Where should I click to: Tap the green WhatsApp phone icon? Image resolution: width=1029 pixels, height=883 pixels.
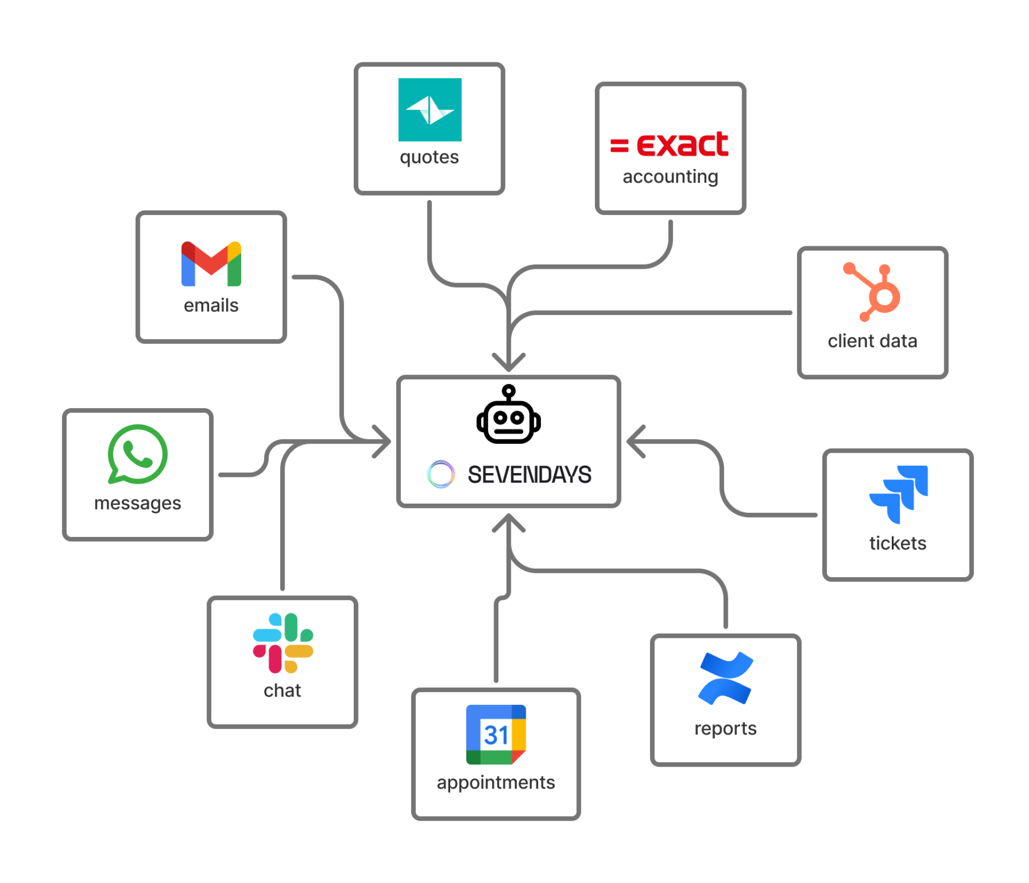[x=138, y=454]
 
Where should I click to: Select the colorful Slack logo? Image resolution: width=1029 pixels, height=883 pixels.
[x=282, y=643]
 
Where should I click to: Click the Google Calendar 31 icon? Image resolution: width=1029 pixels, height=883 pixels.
[x=496, y=734]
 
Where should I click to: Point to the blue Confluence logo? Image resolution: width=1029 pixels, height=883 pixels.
[x=726, y=678]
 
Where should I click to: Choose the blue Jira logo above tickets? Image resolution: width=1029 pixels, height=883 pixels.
[x=898, y=494]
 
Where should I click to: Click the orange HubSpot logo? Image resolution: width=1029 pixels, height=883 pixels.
[x=873, y=292]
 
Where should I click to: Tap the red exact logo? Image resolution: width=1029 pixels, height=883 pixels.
[x=670, y=144]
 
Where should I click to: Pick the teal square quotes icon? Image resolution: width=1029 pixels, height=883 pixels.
[x=430, y=110]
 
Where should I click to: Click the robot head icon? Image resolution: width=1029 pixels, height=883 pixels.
[x=509, y=415]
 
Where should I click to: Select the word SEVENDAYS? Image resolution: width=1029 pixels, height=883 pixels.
[x=530, y=475]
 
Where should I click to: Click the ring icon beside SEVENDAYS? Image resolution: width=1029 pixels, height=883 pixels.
[x=441, y=474]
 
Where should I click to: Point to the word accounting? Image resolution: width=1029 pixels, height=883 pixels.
[x=670, y=176]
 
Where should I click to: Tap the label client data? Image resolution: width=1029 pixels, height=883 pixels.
[x=873, y=341]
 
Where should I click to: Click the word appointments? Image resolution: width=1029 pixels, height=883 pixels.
[x=496, y=783]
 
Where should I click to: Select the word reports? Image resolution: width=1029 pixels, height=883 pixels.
[x=726, y=729]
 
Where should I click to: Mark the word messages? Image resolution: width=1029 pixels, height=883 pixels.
[x=138, y=503]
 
